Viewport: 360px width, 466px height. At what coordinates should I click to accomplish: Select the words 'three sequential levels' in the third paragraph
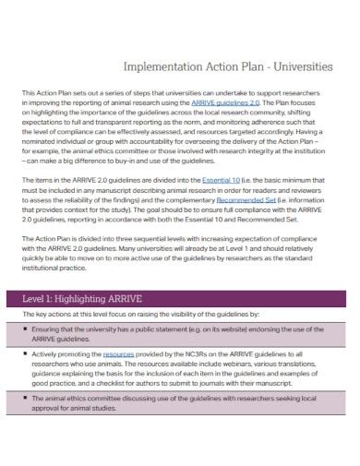(x=129, y=264)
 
